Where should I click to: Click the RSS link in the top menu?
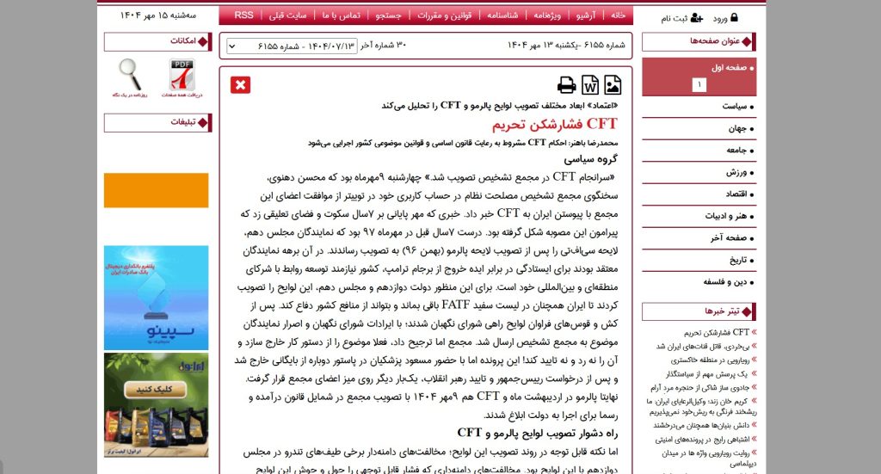coord(244,15)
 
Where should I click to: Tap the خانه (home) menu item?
coord(618,15)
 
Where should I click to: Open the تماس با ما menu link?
coord(344,15)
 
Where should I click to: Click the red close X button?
coord(240,84)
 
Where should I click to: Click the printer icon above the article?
coord(566,84)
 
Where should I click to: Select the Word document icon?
coord(590,84)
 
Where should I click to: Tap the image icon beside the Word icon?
coord(613,84)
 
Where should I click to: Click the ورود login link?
coord(720,17)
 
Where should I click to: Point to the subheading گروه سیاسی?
coord(595,159)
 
